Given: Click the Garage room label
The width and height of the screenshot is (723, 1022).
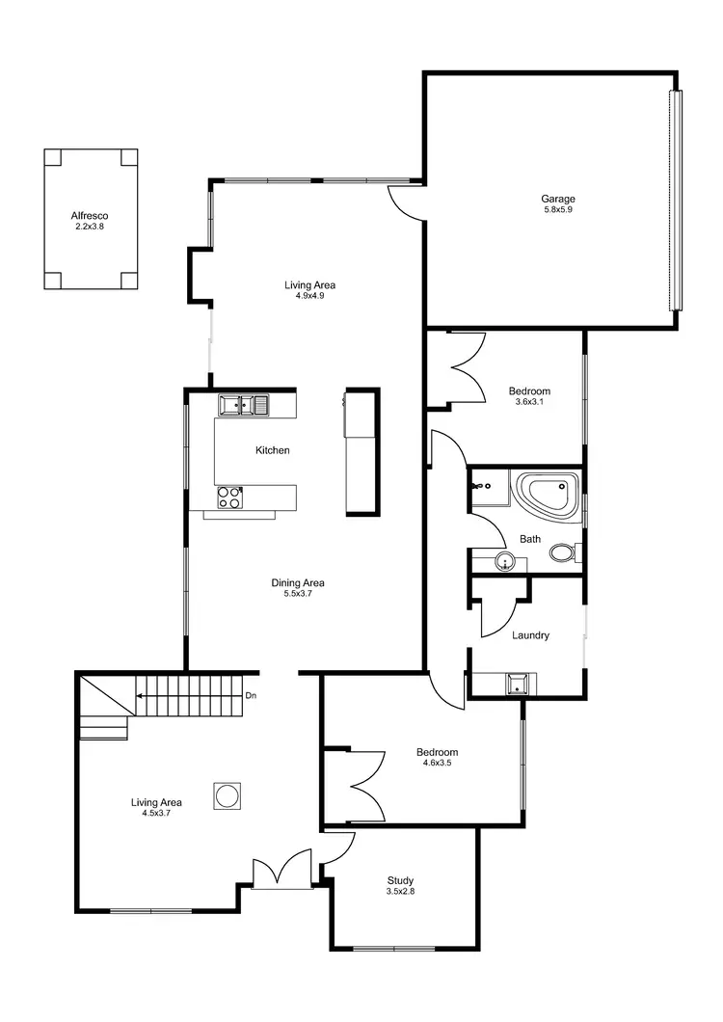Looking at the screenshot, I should [557, 200].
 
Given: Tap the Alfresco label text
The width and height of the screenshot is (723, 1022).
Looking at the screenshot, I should [89, 216].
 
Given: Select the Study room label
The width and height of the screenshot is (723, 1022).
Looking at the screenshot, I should [401, 880].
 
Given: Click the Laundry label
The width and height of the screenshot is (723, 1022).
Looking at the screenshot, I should [530, 635].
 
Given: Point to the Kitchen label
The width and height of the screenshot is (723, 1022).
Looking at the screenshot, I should [272, 450].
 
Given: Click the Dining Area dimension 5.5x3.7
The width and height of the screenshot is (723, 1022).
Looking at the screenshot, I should [297, 595].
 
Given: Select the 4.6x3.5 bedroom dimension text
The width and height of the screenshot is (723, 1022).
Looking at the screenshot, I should [437, 764].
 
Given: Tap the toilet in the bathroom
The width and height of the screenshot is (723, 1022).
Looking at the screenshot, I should [562, 553].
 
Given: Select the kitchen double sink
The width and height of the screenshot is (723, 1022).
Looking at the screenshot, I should [243, 405].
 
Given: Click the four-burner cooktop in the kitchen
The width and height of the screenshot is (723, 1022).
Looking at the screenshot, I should [229, 498].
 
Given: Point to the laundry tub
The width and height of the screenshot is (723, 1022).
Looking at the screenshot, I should [519, 684].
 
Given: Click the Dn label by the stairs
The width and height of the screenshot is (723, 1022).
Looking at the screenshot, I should [251, 695].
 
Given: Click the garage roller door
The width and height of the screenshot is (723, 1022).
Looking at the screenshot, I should [676, 200].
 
